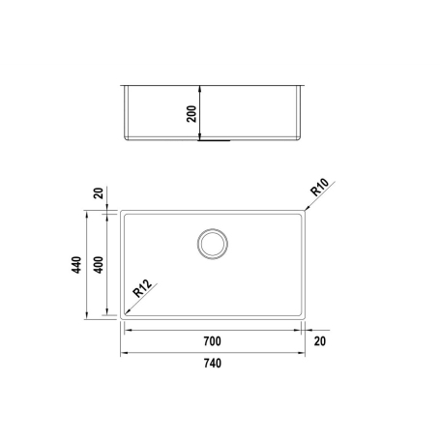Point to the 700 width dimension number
pos(212,341)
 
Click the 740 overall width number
pos(212,364)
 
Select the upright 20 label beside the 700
pos(319,341)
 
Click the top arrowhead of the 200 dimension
pos(200,87)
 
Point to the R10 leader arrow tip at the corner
pos(301,209)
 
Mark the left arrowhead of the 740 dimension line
pos(124,353)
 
